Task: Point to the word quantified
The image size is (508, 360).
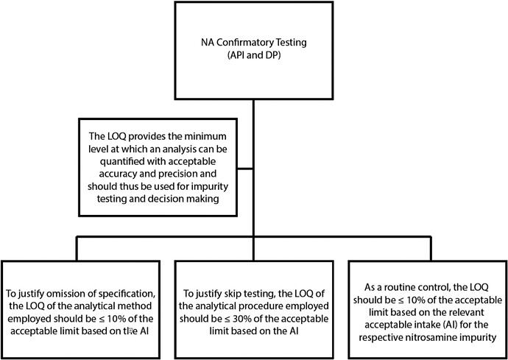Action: [112, 162]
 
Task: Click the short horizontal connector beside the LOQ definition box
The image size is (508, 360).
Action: [245, 169]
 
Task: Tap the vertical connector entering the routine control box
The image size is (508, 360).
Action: [430, 249]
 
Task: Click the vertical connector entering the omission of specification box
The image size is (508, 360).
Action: [77, 249]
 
